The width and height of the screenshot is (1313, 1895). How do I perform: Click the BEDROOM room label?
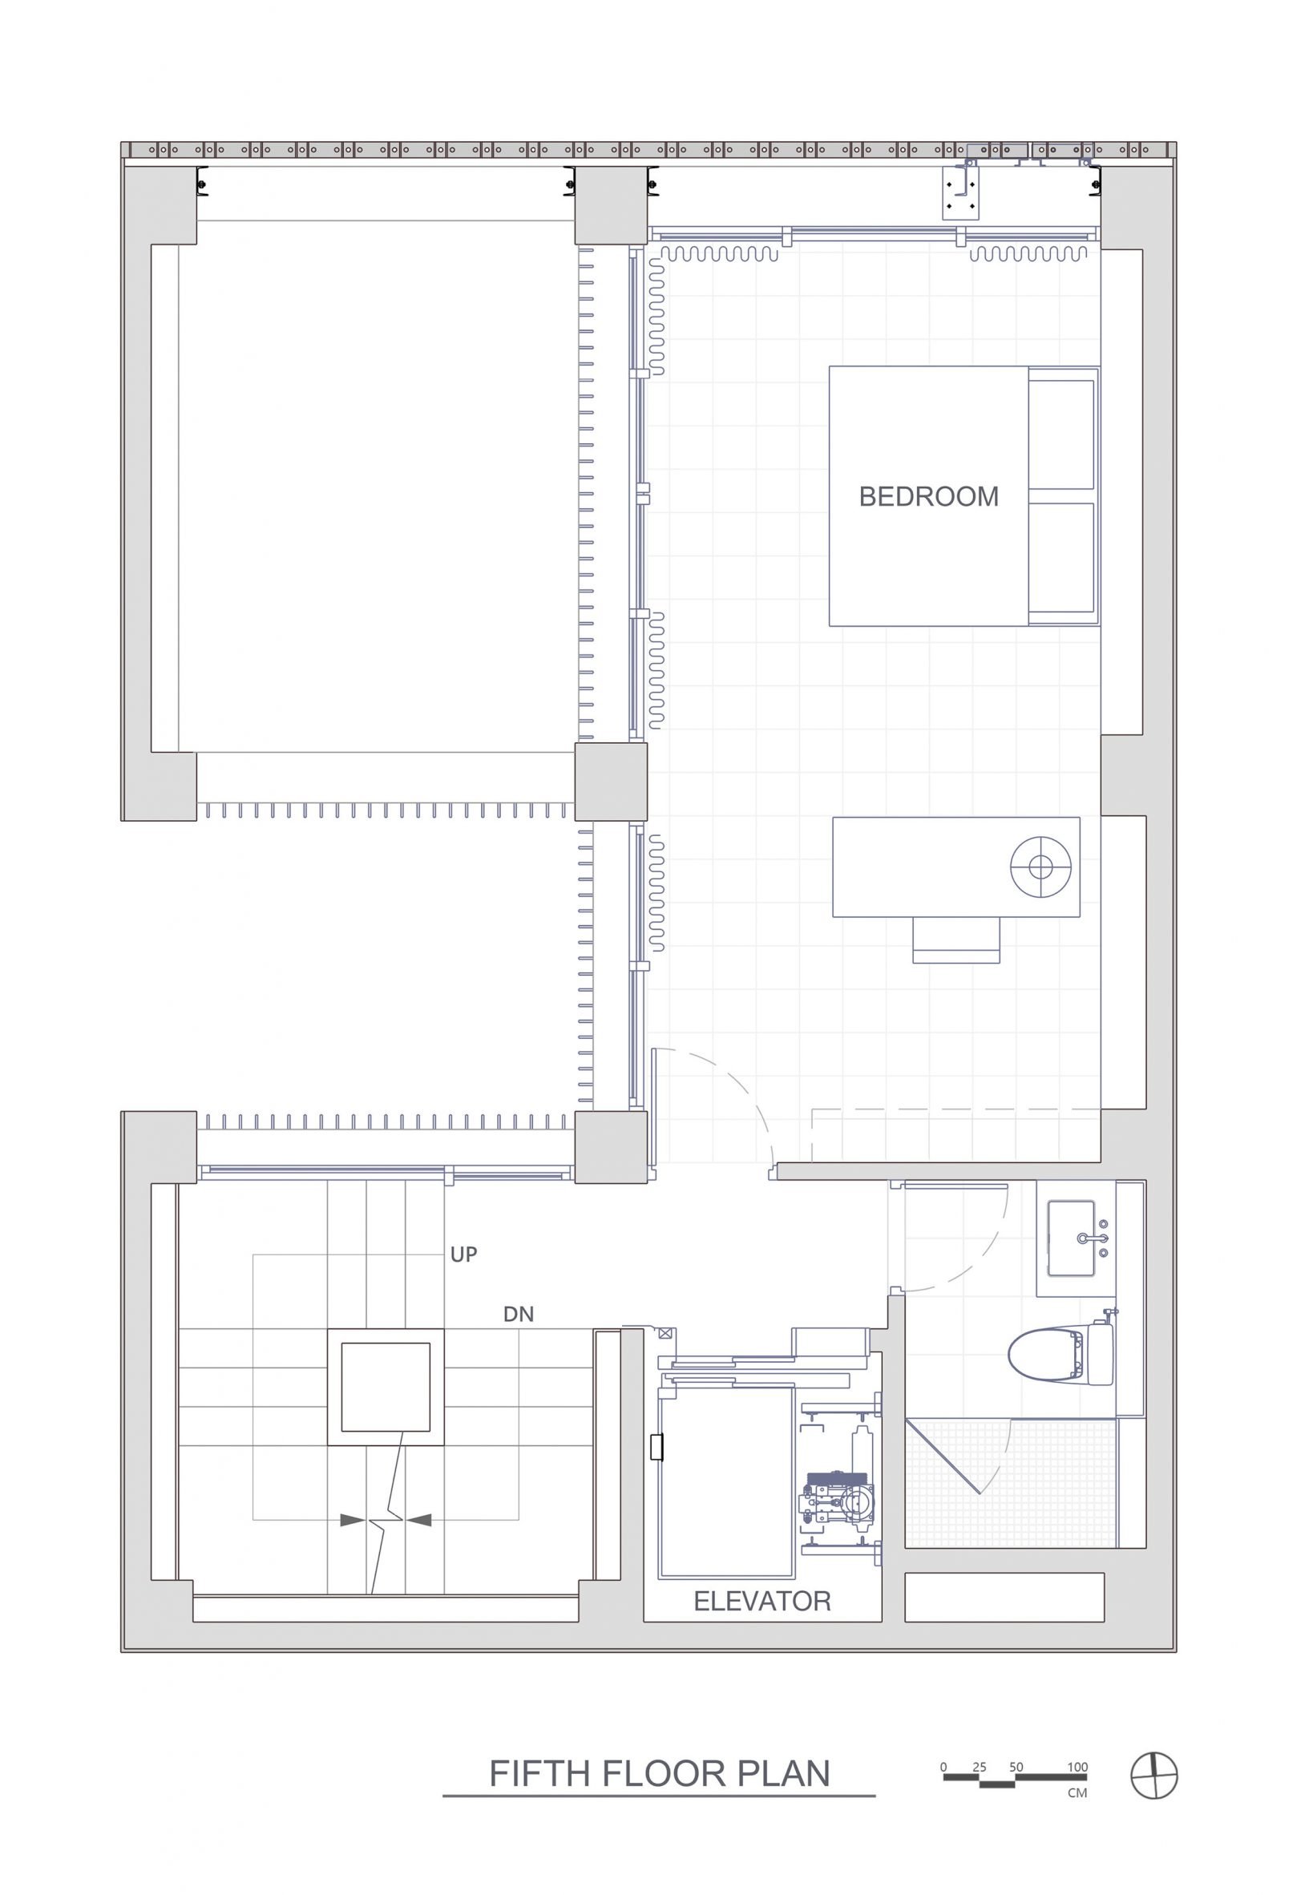tap(929, 497)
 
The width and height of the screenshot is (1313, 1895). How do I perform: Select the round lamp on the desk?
tap(1040, 866)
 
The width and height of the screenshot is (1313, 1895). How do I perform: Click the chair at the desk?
tap(956, 939)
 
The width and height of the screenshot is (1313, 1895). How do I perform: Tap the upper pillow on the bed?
tap(1061, 435)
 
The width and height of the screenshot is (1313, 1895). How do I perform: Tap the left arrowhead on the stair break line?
tap(352, 1521)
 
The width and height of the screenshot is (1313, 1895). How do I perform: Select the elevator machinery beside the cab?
tap(839, 1481)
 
